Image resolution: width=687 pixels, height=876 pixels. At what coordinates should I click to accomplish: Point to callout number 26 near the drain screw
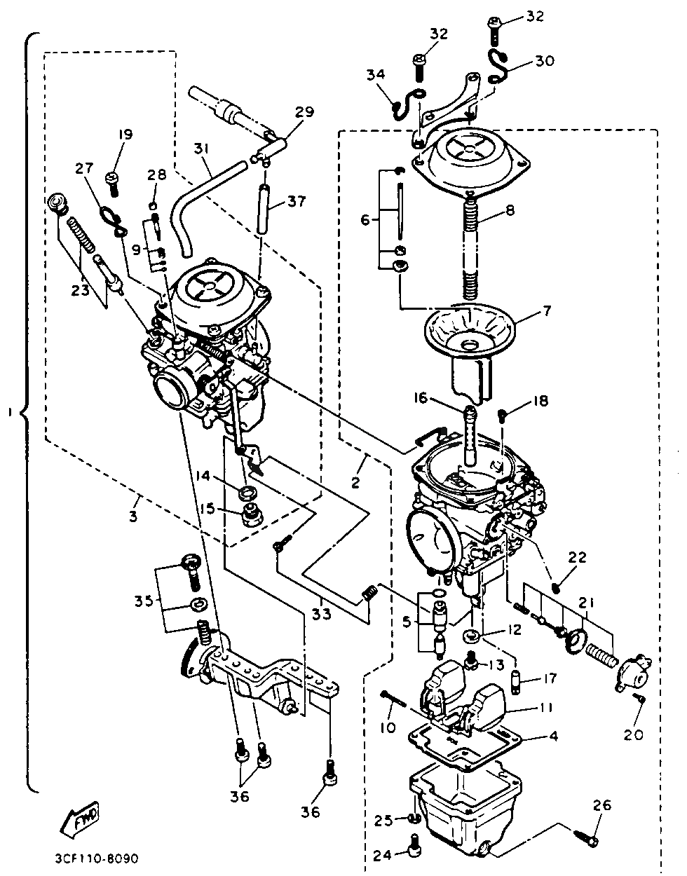[601, 805]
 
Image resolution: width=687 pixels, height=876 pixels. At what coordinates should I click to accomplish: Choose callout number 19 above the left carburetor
[125, 135]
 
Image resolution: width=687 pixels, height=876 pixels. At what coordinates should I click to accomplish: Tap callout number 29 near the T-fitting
[305, 111]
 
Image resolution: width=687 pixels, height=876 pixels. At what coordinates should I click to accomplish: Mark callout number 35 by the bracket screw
[144, 601]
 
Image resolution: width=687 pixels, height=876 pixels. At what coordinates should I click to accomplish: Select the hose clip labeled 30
[498, 67]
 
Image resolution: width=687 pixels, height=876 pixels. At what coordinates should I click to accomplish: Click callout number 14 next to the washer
[203, 476]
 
